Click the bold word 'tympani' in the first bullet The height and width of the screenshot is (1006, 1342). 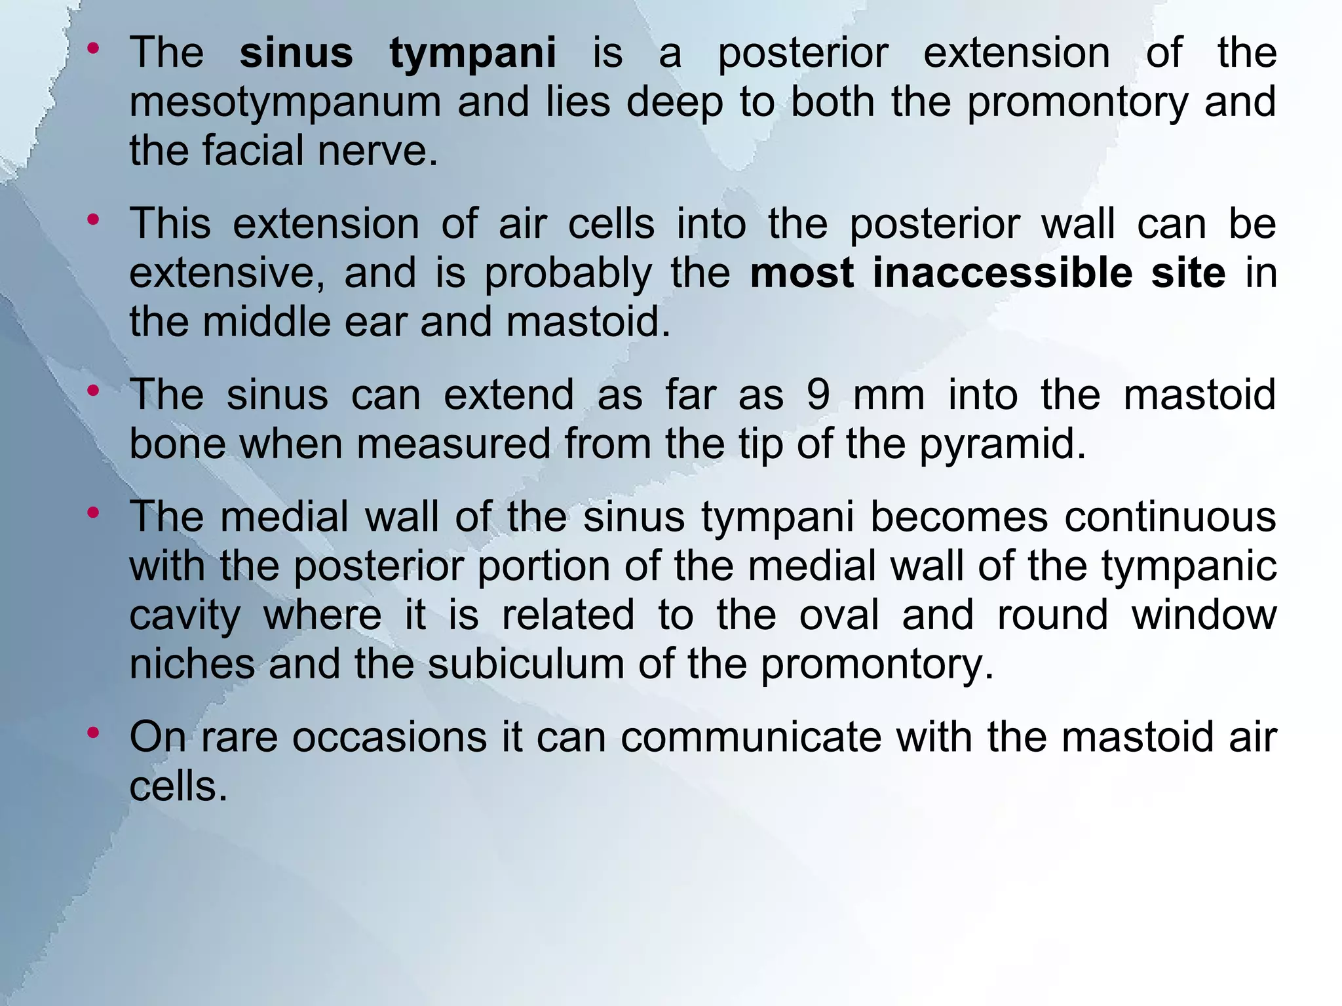[472, 54]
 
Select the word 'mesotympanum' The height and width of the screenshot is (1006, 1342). [284, 104]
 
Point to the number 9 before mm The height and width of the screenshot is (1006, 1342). [818, 395]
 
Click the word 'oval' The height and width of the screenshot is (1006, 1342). [839, 615]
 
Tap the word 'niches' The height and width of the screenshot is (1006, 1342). [192, 664]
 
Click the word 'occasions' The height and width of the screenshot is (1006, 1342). [389, 737]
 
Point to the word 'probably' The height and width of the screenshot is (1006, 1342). [567, 274]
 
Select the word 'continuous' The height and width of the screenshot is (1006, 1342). [1170, 517]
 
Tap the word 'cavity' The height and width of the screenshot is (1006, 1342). [185, 616]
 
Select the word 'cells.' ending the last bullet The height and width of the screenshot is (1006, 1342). [178, 786]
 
